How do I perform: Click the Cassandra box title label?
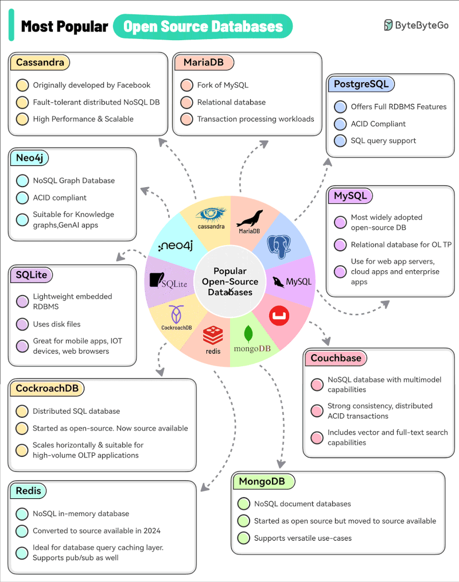tap(40, 62)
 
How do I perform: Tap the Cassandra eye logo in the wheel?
tap(212, 215)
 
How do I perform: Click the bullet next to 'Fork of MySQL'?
tap(186, 86)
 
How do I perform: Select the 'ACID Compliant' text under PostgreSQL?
tap(378, 123)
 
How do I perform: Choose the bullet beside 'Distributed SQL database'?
tap(22, 411)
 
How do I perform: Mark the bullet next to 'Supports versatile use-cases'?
tap(243, 538)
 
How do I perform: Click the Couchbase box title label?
tap(336, 358)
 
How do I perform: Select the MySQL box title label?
tap(350, 196)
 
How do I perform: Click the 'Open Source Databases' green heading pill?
tap(203, 26)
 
